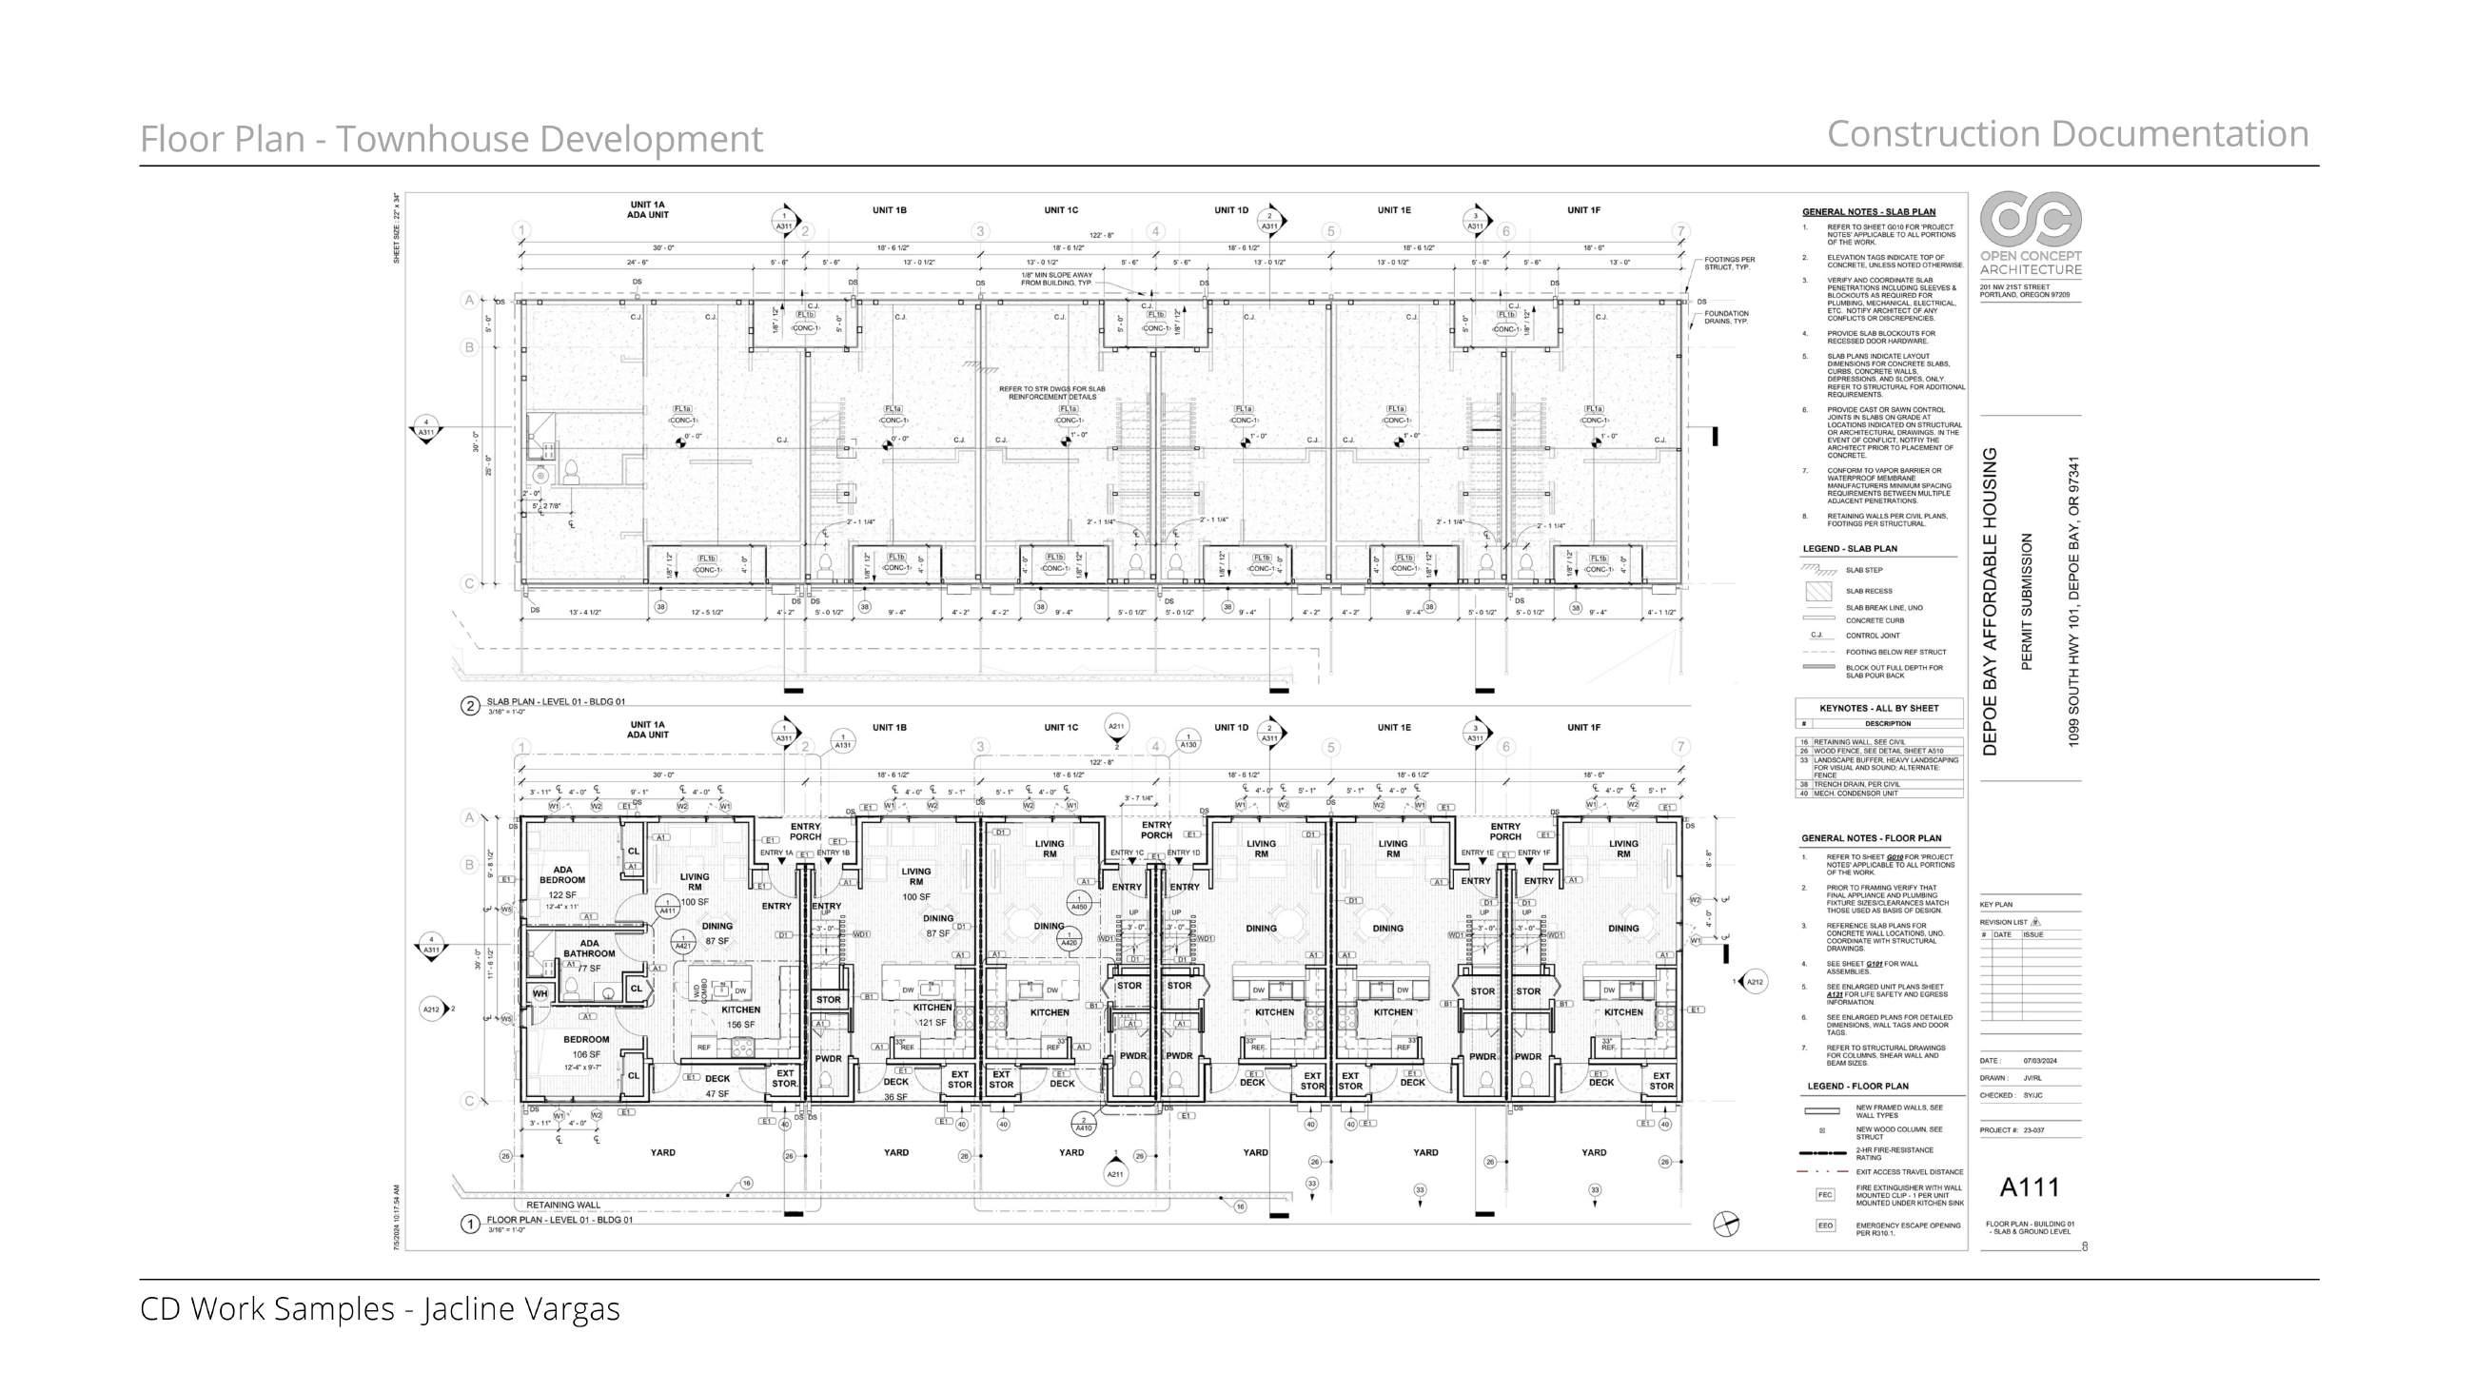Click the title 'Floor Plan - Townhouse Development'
451,139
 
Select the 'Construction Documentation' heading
2067,134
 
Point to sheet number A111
2030,1187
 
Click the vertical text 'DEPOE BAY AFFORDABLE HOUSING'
1990,601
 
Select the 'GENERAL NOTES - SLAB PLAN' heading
1868,212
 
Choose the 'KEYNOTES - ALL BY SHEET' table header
1878,708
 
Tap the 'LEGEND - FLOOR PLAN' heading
1857,1087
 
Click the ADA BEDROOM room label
561,875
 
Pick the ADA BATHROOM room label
589,949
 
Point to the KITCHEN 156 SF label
740,1016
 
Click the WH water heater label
540,993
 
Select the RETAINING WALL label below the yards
562,1205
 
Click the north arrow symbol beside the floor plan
1726,1224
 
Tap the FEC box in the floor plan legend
1825,1195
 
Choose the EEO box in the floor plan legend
1825,1225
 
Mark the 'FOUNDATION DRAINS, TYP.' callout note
1726,317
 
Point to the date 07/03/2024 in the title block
2040,1062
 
